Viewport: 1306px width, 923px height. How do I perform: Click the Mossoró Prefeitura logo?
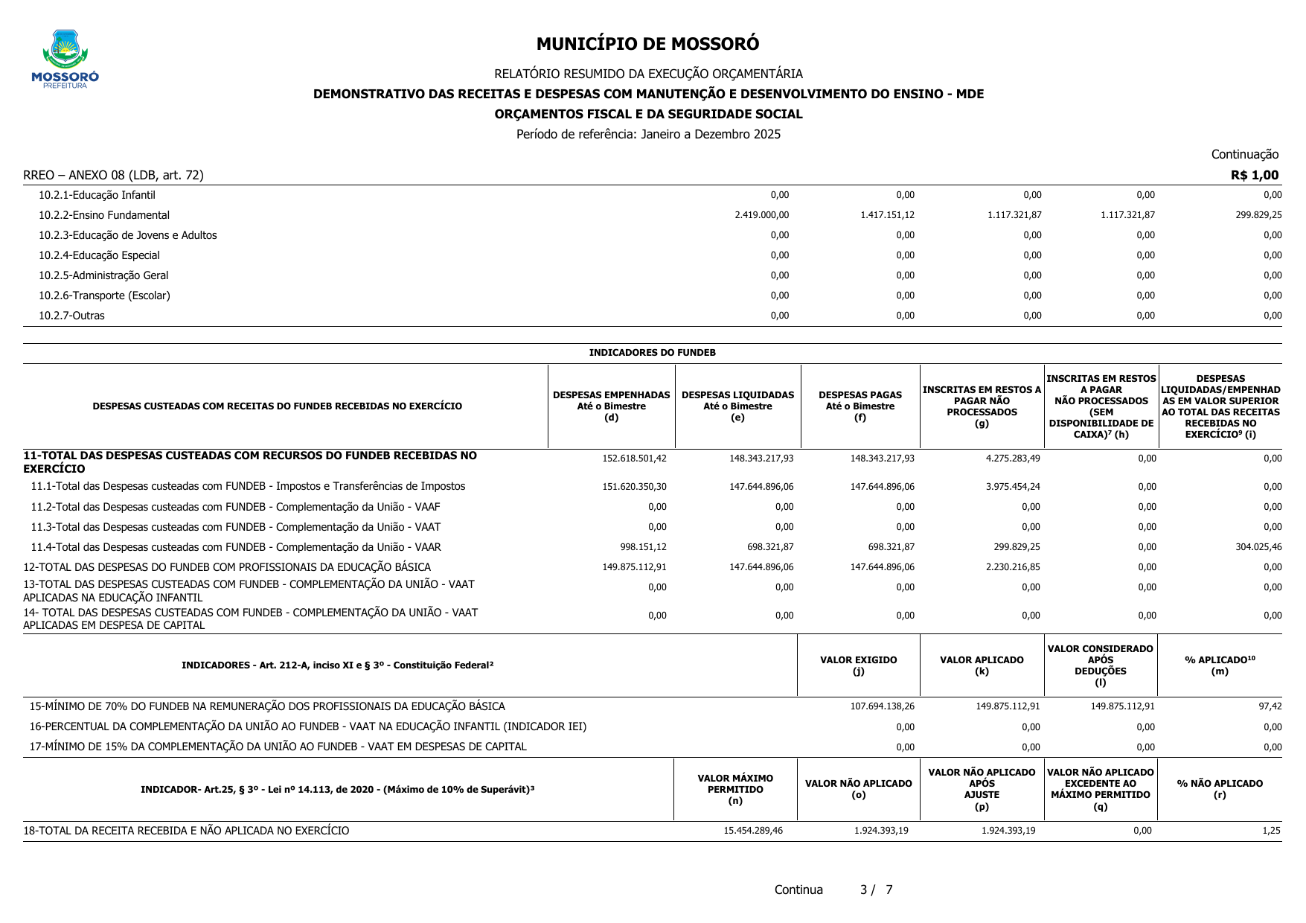pyautogui.click(x=65, y=59)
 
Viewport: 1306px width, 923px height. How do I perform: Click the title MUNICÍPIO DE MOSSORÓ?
pyautogui.click(x=647, y=44)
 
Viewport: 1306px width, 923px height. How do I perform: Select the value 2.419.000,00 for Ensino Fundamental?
pyautogui.click(x=761, y=215)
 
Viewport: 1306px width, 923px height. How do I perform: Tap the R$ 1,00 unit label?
pyautogui.click(x=1254, y=175)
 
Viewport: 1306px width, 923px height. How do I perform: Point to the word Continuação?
pyautogui.click(x=1244, y=154)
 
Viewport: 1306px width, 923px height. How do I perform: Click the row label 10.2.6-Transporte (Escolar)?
pyautogui.click(x=104, y=296)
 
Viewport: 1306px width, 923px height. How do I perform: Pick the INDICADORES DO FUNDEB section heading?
pyautogui.click(x=652, y=353)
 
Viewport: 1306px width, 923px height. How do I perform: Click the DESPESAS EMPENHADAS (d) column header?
pyautogui.click(x=611, y=406)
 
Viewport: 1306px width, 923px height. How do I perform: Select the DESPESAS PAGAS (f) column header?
pyautogui.click(x=860, y=406)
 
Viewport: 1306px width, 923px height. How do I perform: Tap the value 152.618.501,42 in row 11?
pyautogui.click(x=634, y=459)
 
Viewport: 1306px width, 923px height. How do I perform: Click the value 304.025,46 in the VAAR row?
pyautogui.click(x=1257, y=547)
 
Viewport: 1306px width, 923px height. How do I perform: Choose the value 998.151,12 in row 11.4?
pyautogui.click(x=643, y=547)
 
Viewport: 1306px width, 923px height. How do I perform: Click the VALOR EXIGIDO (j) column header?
pyautogui.click(x=858, y=665)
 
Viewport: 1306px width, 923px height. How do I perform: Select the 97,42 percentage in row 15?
pyautogui.click(x=1272, y=706)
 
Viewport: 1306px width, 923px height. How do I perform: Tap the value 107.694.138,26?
pyautogui.click(x=882, y=706)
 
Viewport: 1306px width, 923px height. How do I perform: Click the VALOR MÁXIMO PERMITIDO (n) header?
pyautogui.click(x=734, y=789)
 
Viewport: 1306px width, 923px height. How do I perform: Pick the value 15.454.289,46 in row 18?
pyautogui.click(x=752, y=831)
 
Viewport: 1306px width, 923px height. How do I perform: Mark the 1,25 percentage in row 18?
pyautogui.click(x=1272, y=831)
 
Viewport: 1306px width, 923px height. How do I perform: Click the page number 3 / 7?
pyautogui.click(x=876, y=890)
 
